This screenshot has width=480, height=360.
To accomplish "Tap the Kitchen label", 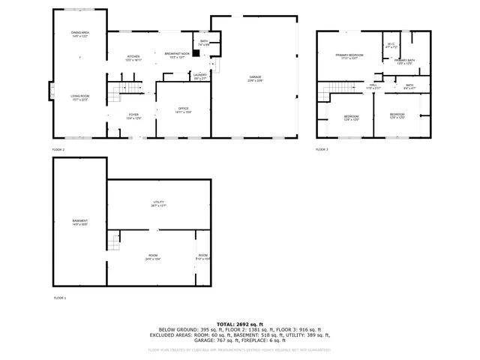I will (133, 57).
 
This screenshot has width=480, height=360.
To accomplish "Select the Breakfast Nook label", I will (177, 54).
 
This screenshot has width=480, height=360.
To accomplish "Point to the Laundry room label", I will (199, 75).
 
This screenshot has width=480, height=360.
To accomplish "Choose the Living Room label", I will (80, 97).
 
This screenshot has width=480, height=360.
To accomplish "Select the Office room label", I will (183, 109).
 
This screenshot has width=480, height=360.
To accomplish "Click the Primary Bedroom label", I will (349, 55).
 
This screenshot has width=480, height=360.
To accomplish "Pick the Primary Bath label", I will (403, 61).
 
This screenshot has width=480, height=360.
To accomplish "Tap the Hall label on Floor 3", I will (373, 85).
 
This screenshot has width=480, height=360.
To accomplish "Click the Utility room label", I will (158, 202).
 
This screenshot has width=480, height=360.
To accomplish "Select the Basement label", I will (79, 221).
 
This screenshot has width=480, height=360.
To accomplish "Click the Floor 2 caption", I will (58, 150).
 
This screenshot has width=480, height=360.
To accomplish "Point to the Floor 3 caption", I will (322, 150).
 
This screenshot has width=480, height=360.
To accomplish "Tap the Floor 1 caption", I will (59, 298).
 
